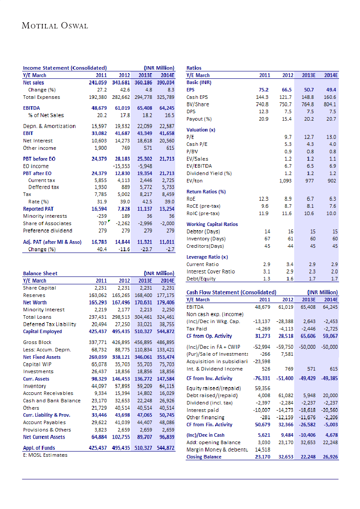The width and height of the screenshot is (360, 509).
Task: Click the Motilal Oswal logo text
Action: (x=55, y=26)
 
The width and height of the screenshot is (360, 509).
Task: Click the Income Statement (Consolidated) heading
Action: (x=65, y=68)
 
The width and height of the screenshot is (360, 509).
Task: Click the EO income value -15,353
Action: (x=122, y=166)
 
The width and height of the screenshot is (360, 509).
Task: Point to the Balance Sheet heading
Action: (x=40, y=273)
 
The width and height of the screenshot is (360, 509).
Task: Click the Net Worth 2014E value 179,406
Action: (x=165, y=302)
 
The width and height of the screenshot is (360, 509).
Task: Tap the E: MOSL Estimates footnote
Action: (x=45, y=455)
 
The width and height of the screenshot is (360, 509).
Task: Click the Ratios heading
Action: (x=194, y=68)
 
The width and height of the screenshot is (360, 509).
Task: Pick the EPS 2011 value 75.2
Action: (x=264, y=89)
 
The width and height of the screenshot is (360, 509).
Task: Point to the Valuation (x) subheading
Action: (x=200, y=130)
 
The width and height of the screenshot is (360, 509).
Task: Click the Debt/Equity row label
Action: (x=201, y=279)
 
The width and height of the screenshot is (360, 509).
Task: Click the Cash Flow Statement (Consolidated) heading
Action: (x=231, y=293)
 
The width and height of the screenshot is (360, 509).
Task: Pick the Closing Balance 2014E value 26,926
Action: (x=330, y=457)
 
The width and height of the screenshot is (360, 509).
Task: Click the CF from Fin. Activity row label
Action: (x=209, y=425)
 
